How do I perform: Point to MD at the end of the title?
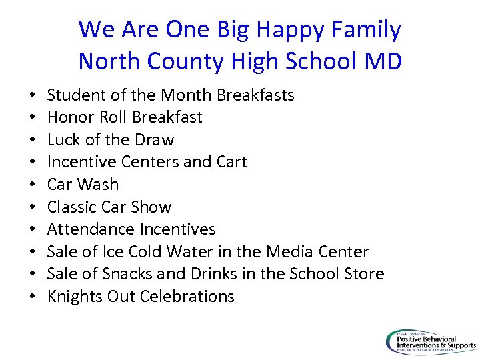click(383, 61)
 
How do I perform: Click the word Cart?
click(232, 162)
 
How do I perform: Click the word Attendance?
click(91, 229)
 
